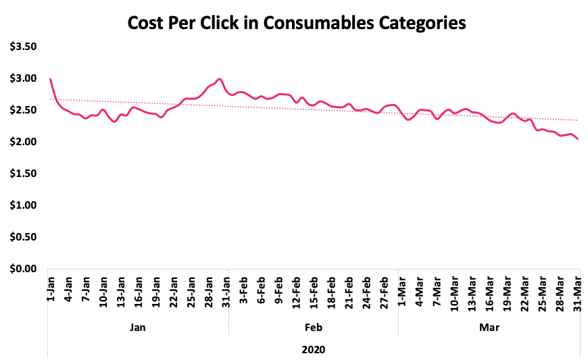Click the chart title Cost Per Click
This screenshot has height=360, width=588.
[x=297, y=23]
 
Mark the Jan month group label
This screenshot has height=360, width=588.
[x=138, y=327]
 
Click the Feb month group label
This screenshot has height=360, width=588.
[x=314, y=327]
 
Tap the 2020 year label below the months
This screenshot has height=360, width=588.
[x=314, y=350]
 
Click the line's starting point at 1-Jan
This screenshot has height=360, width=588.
[x=51, y=79]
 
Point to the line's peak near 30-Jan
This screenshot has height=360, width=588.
[x=220, y=79]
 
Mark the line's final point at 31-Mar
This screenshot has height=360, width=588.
[x=579, y=138]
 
